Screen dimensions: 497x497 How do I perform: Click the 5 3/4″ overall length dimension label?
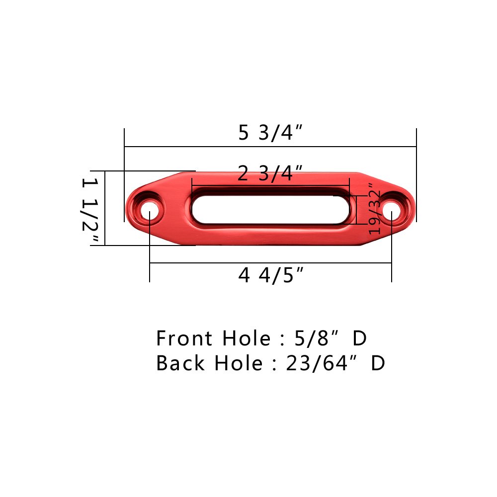[x=270, y=133]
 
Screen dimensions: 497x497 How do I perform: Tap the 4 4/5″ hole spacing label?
[x=271, y=275]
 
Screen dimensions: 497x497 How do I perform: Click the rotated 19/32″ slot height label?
[x=373, y=209]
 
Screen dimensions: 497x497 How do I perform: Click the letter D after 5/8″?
[x=359, y=339]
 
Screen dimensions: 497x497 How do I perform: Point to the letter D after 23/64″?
[x=378, y=364]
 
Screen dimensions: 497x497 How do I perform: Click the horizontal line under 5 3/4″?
[x=270, y=147]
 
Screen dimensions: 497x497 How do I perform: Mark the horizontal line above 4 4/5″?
[x=271, y=263]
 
